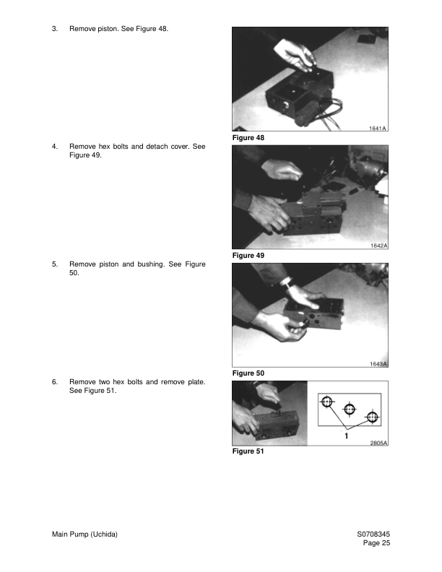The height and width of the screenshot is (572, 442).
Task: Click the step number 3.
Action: (x=54, y=29)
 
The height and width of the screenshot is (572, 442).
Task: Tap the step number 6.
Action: (x=54, y=382)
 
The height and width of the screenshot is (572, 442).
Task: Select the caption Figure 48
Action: (x=248, y=137)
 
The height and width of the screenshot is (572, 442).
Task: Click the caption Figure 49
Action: (x=248, y=256)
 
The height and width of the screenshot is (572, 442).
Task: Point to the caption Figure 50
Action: (x=248, y=373)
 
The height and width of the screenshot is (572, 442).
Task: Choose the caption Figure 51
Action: (x=248, y=451)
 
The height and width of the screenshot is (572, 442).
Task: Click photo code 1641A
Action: (x=378, y=128)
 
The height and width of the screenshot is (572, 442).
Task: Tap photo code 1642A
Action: (x=379, y=246)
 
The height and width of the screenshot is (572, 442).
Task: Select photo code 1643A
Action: (x=378, y=364)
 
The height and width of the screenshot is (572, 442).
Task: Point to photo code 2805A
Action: (x=379, y=443)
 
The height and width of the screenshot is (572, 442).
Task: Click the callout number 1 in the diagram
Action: (x=347, y=435)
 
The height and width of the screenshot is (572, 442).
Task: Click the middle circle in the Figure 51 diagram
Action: (x=350, y=409)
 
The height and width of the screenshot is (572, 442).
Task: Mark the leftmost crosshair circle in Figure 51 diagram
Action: (x=327, y=402)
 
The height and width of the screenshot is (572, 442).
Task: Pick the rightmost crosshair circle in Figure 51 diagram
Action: (x=372, y=417)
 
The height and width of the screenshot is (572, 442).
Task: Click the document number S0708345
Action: (x=373, y=534)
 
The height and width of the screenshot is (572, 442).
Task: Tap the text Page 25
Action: (x=376, y=543)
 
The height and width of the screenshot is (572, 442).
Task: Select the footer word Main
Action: (x=59, y=534)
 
